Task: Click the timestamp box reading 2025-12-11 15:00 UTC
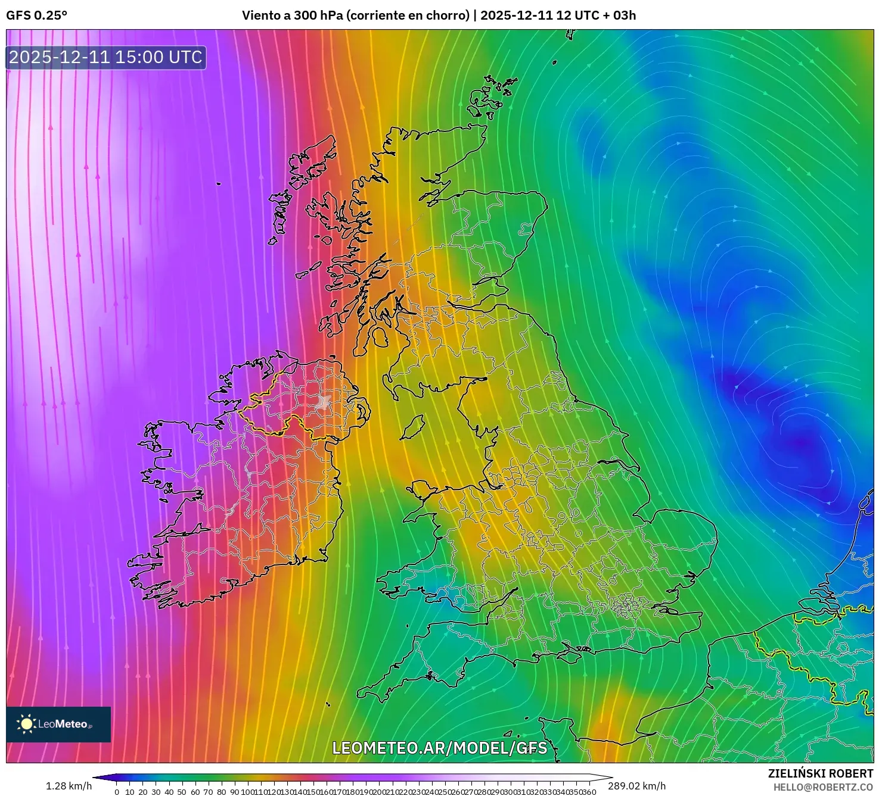click(106, 58)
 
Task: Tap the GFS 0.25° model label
click(36, 15)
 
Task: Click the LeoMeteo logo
click(58, 724)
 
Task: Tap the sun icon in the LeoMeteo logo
click(26, 724)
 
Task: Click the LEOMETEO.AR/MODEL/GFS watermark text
click(439, 748)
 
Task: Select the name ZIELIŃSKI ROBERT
click(820, 773)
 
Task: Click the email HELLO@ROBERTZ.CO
click(823, 787)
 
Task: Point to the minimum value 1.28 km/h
click(69, 786)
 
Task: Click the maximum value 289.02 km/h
click(636, 786)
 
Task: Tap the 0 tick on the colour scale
click(117, 792)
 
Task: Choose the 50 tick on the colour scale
click(182, 792)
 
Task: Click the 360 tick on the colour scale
click(589, 792)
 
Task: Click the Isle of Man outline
click(412, 428)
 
